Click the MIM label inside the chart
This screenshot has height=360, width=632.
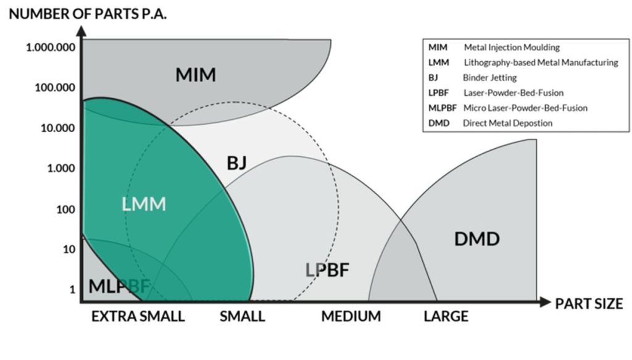pyautogui.click(x=196, y=75)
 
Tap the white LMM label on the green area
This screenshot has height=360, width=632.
pyautogui.click(x=144, y=204)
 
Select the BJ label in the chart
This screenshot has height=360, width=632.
pyautogui.click(x=236, y=163)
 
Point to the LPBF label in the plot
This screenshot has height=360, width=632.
pyautogui.click(x=328, y=270)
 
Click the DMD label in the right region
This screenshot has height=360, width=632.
pyautogui.click(x=476, y=239)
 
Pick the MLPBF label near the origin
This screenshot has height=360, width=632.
pyautogui.click(x=119, y=287)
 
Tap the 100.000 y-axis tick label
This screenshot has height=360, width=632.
pyautogui.click(x=54, y=88)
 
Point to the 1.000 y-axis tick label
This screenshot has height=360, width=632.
pyautogui.click(x=60, y=168)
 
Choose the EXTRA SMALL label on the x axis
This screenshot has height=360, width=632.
pyautogui.click(x=138, y=317)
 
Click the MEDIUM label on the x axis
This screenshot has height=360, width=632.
pyautogui.click(x=351, y=317)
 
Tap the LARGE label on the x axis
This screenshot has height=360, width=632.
pyautogui.click(x=446, y=317)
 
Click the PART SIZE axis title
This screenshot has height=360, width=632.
pyautogui.click(x=589, y=303)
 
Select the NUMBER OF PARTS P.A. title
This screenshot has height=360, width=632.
pyautogui.click(x=88, y=14)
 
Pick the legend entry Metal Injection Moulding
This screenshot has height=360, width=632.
pyautogui.click(x=512, y=48)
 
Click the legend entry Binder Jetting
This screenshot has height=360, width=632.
pyautogui.click(x=489, y=78)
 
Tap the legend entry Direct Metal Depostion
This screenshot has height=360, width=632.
pyautogui.click(x=507, y=123)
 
